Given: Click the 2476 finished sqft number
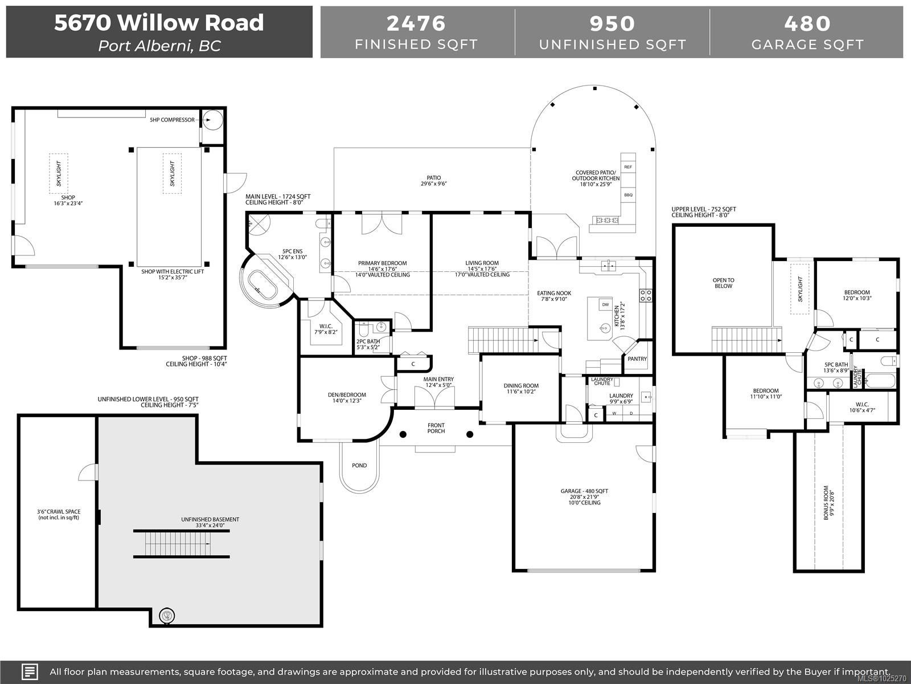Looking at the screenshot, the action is (x=416, y=23).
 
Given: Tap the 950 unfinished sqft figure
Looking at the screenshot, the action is (x=612, y=23).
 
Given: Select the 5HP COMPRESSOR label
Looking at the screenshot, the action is (x=173, y=120).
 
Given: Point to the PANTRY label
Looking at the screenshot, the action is (x=637, y=359).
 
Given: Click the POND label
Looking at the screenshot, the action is (x=359, y=466).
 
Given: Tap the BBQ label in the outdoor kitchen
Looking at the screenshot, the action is (x=629, y=195).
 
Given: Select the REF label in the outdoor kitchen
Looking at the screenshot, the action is (x=628, y=167).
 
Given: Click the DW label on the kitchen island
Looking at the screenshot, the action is (x=606, y=304).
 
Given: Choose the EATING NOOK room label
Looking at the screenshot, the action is (x=554, y=293).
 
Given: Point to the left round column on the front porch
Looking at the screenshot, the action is (x=403, y=434).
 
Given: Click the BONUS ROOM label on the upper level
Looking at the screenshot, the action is (x=826, y=503).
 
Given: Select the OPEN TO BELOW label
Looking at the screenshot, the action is (x=724, y=283).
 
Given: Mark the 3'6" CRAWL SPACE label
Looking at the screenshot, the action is (x=59, y=512).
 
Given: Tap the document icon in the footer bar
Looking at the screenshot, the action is (x=30, y=671).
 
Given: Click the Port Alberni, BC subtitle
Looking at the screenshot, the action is (x=159, y=46).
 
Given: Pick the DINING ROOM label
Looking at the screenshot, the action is (x=521, y=386).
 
